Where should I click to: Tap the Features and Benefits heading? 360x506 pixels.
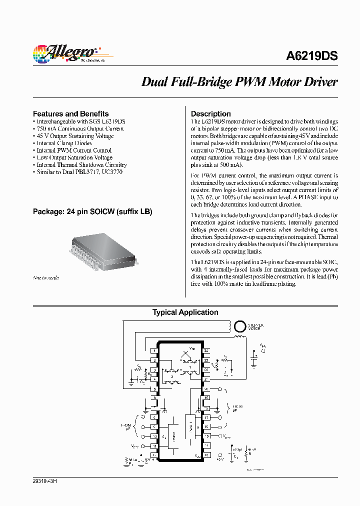pos(70,113)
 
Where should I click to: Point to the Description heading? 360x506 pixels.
pos(211,113)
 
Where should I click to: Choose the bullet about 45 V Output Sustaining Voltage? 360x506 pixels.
pos(75,136)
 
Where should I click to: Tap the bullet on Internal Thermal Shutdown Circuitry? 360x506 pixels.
pos(81,164)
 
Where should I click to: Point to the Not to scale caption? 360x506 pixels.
pos(46,277)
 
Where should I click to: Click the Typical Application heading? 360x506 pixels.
pos(185,312)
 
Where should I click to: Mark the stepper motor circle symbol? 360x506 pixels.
pos(240,326)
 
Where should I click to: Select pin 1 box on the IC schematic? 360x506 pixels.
pos(155,351)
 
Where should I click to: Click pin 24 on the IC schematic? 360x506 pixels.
pos(205,351)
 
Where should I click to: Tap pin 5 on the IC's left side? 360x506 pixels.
pos(155,388)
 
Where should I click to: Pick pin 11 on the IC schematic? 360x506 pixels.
pos(155,445)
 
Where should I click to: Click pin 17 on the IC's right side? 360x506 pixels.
pos(205,417)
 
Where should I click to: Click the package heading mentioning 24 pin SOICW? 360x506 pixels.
pos(92,211)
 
